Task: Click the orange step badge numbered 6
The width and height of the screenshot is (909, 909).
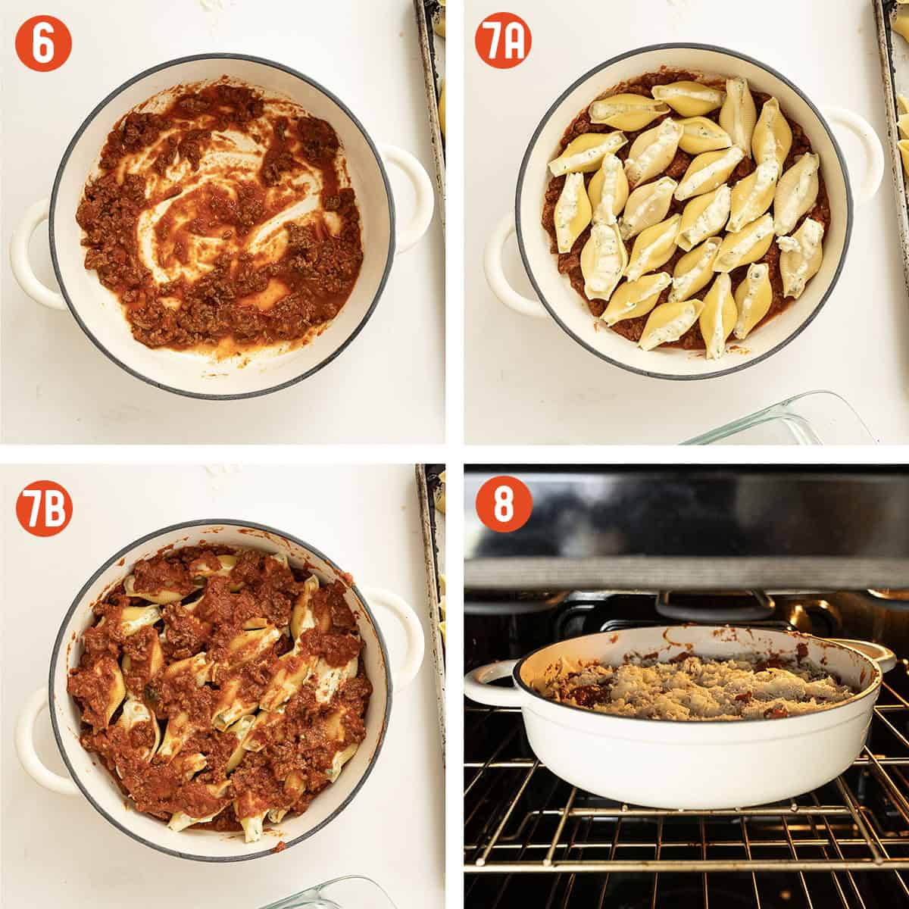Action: click(x=43, y=43)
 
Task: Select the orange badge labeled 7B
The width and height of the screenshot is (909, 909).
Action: click(x=44, y=508)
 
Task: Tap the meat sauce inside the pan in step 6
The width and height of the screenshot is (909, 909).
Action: click(x=220, y=220)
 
